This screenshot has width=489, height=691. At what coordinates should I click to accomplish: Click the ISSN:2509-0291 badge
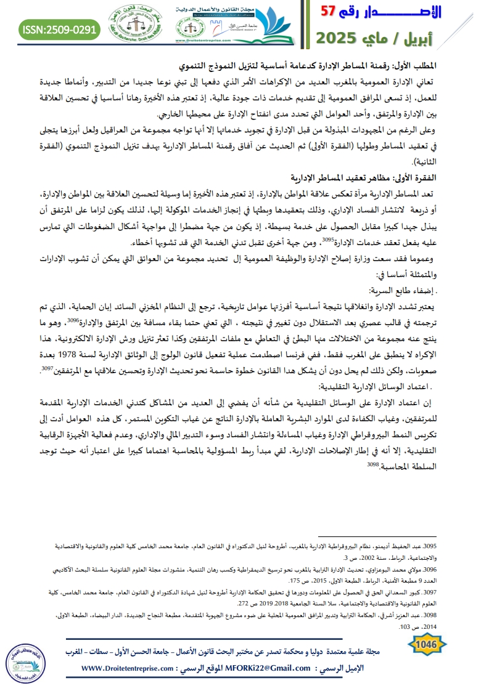[60, 28]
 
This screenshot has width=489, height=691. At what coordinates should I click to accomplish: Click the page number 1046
[427, 644]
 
